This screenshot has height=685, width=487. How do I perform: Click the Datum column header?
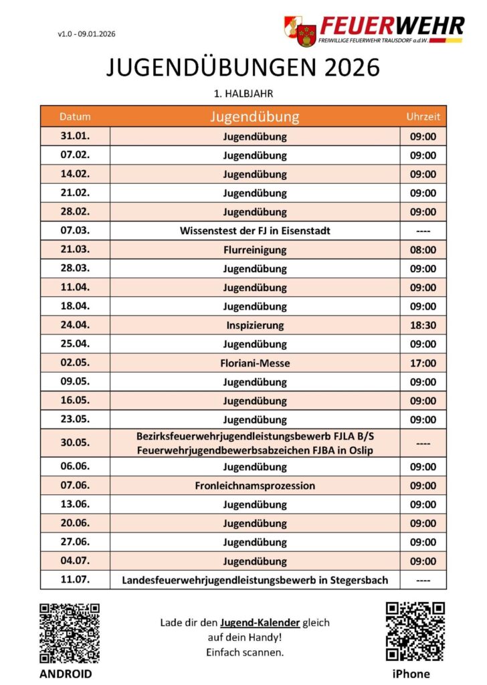(75, 116)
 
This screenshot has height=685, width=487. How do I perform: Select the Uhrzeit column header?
(423, 116)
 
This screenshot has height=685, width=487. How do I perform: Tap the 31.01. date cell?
(75, 136)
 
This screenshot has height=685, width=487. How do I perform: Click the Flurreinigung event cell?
(255, 250)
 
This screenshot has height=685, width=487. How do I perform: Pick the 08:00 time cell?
(423, 250)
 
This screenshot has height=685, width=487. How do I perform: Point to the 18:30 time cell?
(423, 325)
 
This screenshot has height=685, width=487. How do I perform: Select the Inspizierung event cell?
(255, 325)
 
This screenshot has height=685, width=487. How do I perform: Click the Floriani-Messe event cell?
(255, 363)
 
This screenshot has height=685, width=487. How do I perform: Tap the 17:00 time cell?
(423, 363)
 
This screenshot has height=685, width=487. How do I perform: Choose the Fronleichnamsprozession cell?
(255, 485)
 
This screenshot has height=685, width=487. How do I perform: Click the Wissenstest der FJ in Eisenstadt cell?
(255, 231)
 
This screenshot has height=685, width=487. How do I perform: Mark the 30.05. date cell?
(75, 443)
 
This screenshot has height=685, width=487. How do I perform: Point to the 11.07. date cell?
(75, 579)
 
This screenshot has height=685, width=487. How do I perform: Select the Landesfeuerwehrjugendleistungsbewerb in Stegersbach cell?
(255, 579)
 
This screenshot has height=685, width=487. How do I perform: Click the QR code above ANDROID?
(70, 631)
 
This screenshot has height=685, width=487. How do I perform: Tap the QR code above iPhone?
(415, 631)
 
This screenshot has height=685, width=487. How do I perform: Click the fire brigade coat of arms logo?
(300, 31)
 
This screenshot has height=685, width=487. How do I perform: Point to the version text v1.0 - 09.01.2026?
(91, 34)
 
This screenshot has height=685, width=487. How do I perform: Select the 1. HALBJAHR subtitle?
(243, 93)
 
